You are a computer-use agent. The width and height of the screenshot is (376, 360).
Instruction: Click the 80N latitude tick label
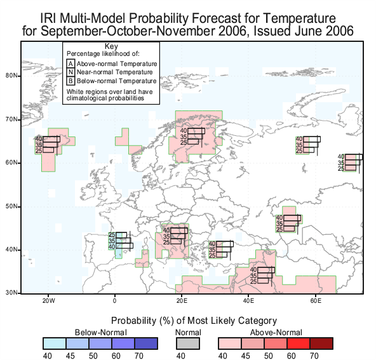coord(11,76)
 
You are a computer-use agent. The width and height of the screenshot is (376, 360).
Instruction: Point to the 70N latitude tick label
coord(11,119)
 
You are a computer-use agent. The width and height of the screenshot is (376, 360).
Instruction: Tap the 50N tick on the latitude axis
coord(11,206)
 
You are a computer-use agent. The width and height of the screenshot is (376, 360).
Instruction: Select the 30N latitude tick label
coord(11,293)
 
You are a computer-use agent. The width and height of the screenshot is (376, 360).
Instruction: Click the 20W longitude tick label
coord(49,301)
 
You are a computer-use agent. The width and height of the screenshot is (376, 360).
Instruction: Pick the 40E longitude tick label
coord(248,301)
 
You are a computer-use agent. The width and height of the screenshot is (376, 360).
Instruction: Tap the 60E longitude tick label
coord(316,301)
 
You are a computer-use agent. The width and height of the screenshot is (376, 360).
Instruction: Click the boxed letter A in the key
coord(70,63)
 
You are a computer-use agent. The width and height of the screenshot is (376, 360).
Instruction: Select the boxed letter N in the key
coord(70,72)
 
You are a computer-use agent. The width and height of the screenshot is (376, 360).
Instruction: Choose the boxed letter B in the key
coord(70,81)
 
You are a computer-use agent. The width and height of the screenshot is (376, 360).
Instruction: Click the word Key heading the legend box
coord(111,46)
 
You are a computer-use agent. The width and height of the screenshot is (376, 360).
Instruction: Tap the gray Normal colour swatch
coord(188,343)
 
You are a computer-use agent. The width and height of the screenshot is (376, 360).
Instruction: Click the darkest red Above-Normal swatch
coord(321,343)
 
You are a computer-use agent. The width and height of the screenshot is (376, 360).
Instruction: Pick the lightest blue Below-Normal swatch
coord(55,343)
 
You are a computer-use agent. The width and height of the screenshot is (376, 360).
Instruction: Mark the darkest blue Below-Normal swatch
coord(146,343)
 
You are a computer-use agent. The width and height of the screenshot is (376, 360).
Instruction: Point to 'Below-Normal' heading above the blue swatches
coord(101,333)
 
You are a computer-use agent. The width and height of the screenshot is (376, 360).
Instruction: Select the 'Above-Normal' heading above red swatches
coord(276,333)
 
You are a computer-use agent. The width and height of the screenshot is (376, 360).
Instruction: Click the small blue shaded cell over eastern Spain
coord(119,254)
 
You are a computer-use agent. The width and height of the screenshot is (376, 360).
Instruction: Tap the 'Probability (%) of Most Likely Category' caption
coord(194,321)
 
